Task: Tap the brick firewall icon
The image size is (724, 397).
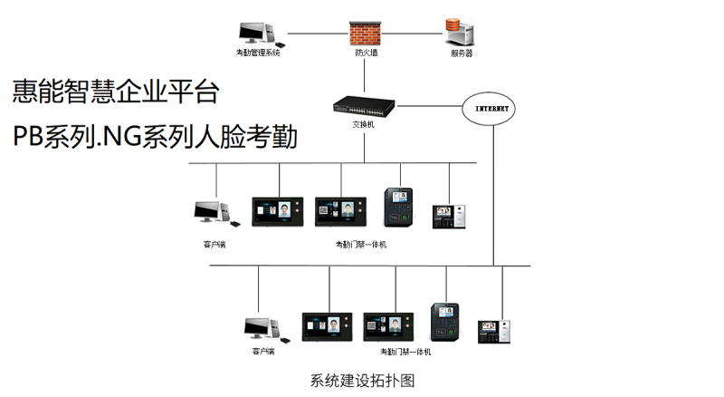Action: coord(366,32)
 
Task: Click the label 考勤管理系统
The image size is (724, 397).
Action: coord(258,53)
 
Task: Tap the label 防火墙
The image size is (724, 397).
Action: coord(366,53)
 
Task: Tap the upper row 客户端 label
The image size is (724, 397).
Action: coord(214,244)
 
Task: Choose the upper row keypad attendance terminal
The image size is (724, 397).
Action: coord(398,207)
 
